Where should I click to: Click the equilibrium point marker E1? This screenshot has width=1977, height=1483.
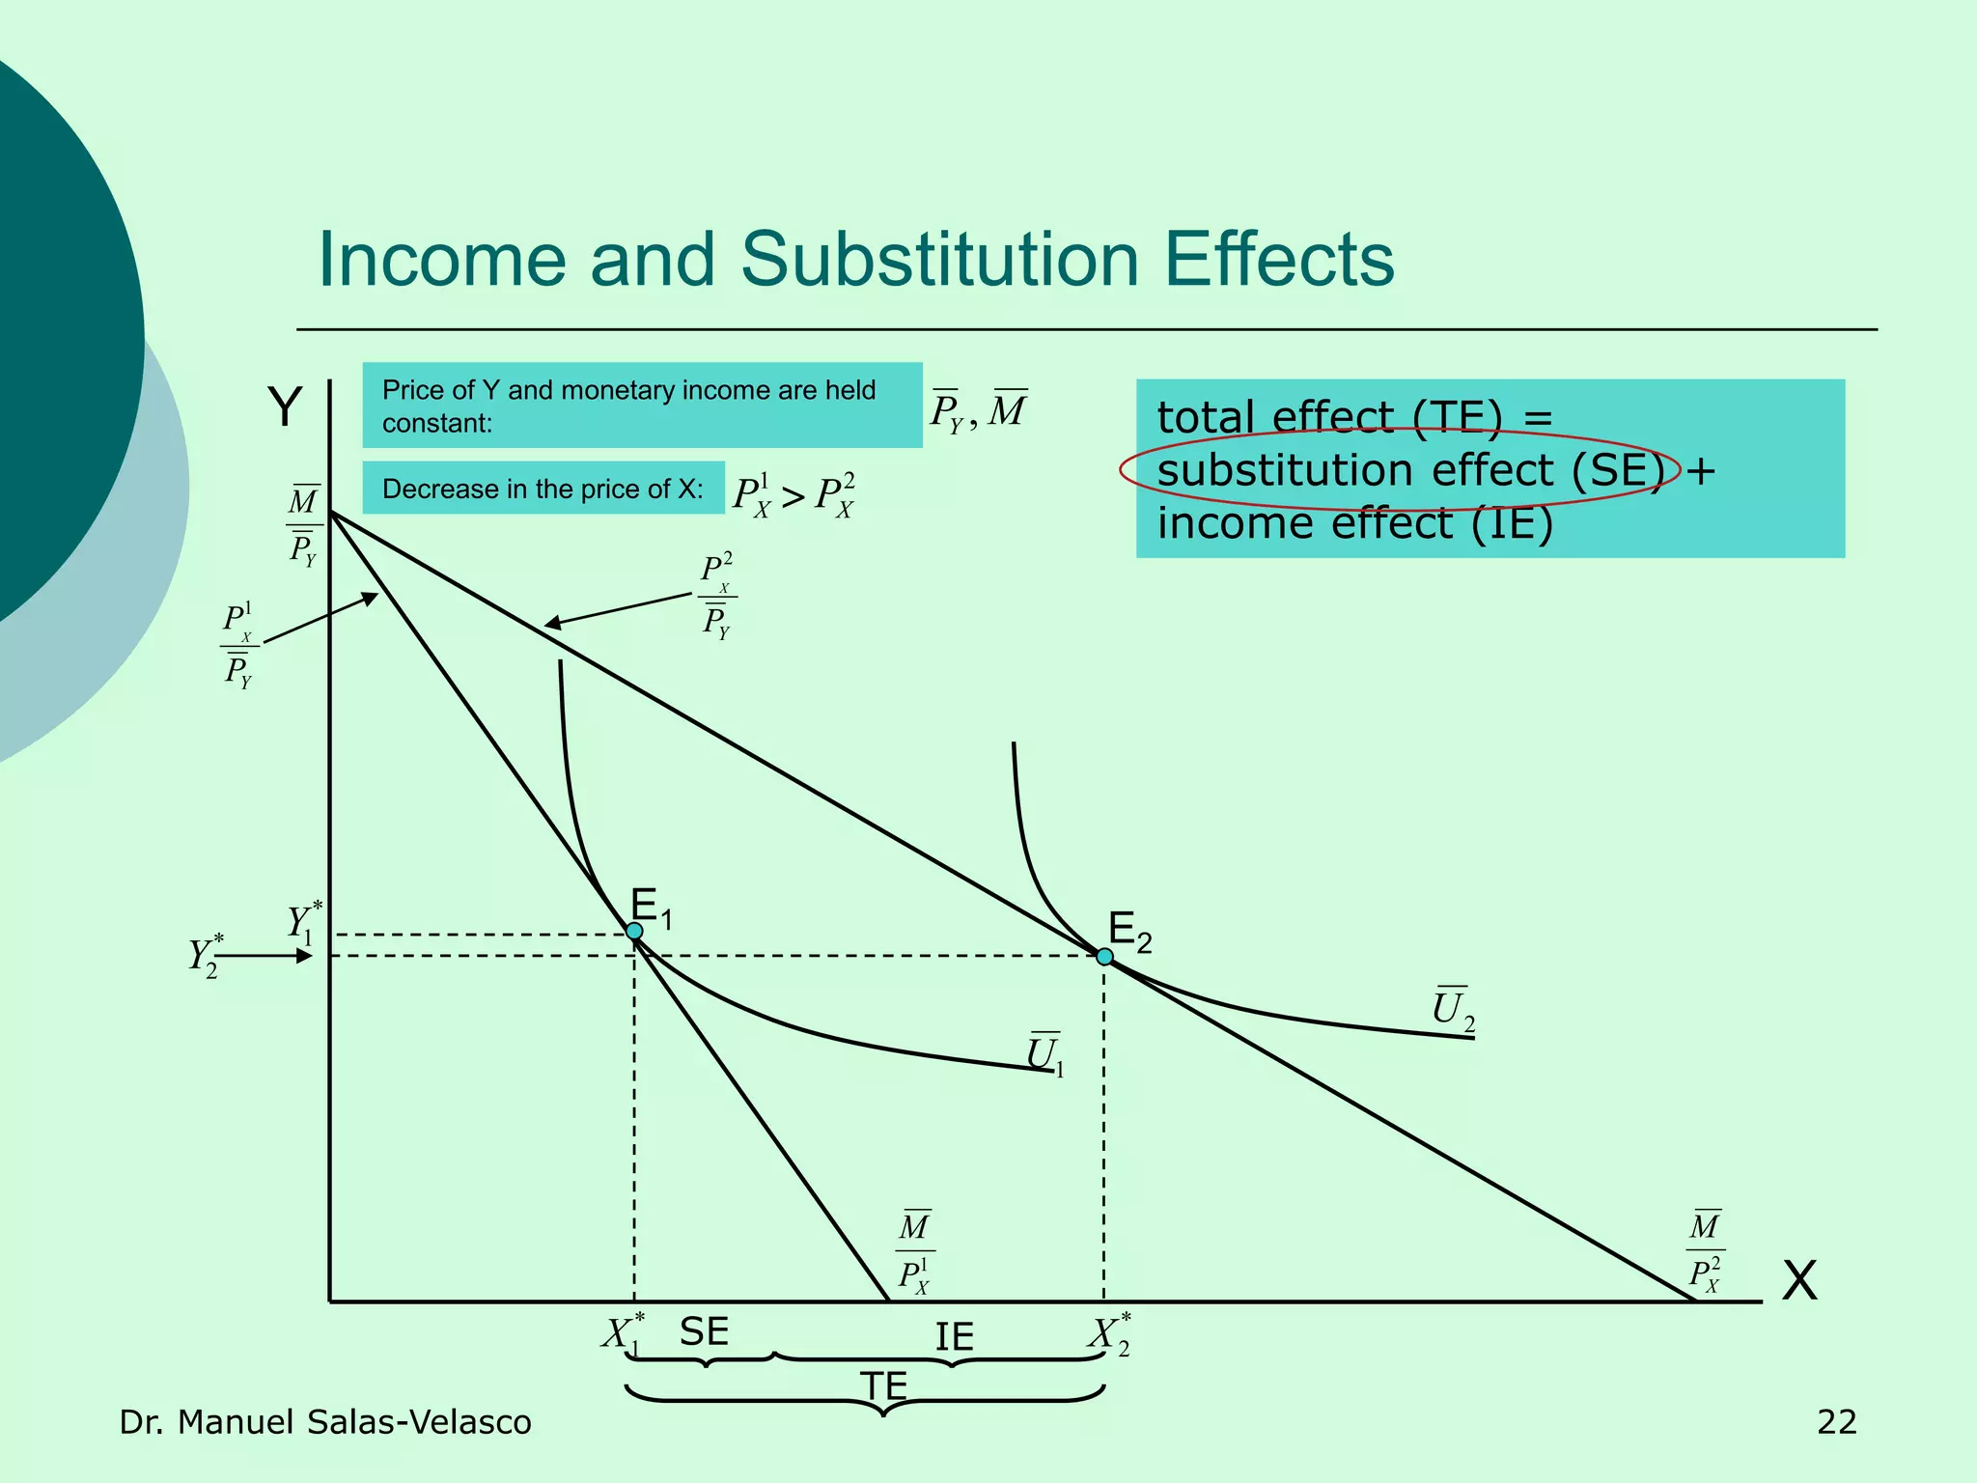[x=634, y=931]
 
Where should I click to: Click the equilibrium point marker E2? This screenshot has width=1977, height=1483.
[x=1104, y=957]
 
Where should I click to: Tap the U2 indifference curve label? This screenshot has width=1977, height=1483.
[x=1452, y=1010]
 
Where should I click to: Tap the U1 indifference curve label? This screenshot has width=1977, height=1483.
[x=1044, y=1054]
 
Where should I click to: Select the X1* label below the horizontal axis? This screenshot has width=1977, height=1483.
[x=622, y=1334]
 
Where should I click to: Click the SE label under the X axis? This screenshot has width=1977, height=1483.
[x=704, y=1332]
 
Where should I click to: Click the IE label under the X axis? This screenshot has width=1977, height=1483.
[x=954, y=1337]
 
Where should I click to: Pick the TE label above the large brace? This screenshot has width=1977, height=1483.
[x=884, y=1386]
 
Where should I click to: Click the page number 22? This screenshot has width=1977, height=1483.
[x=1836, y=1422]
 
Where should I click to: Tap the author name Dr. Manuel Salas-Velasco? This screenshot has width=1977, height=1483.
[x=325, y=1422]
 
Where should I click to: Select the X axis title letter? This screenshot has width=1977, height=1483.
[x=1798, y=1281]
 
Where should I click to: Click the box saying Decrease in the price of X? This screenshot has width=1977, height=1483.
[x=543, y=489]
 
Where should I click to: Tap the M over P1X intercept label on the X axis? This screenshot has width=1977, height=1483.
[x=914, y=1252]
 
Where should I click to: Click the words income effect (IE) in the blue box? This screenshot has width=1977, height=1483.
[x=1354, y=524]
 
